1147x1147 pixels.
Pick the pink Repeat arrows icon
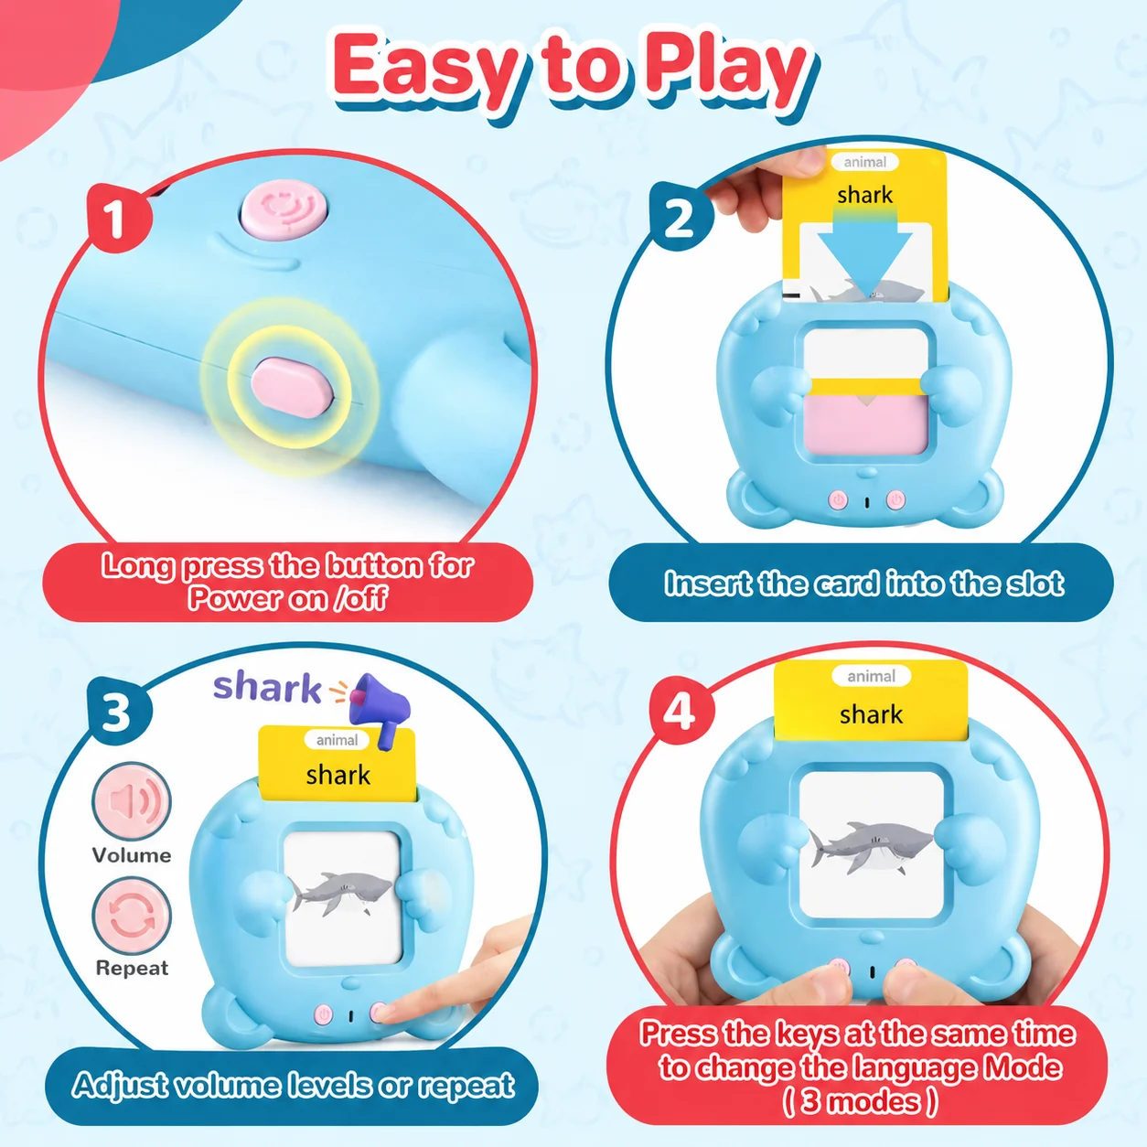point(132,917)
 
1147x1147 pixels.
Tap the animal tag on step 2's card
point(864,162)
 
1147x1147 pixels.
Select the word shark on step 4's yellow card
point(871,714)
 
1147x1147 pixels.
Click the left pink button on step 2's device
point(839,499)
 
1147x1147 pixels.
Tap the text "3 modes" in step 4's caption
point(860,1101)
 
